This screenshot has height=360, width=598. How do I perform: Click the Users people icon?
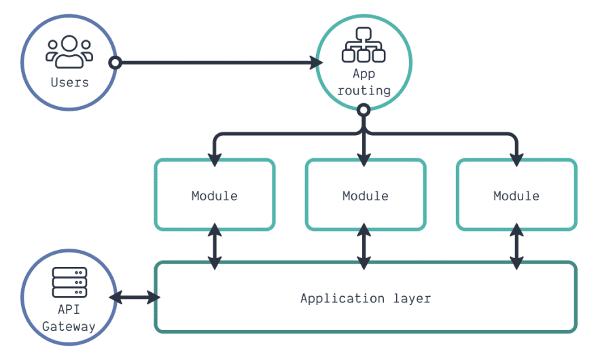[69, 52]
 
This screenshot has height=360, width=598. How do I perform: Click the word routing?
[364, 90]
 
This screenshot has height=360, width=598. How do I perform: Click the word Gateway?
[69, 326]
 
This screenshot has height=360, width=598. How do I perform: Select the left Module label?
[215, 196]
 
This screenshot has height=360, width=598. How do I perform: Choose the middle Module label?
[366, 196]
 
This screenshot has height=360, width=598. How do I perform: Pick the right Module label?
[516, 196]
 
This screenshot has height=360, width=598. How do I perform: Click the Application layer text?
[366, 298]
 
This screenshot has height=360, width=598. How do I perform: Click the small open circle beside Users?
[116, 63]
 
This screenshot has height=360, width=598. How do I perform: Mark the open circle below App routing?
[364, 109]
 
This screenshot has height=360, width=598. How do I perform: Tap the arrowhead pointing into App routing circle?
[316, 63]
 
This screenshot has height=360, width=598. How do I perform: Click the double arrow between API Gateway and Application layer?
[135, 297]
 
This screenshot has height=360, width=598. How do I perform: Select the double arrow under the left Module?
[215, 245]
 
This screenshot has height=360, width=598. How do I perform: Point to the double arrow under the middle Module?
[366, 245]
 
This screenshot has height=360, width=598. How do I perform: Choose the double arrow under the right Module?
[516, 245]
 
